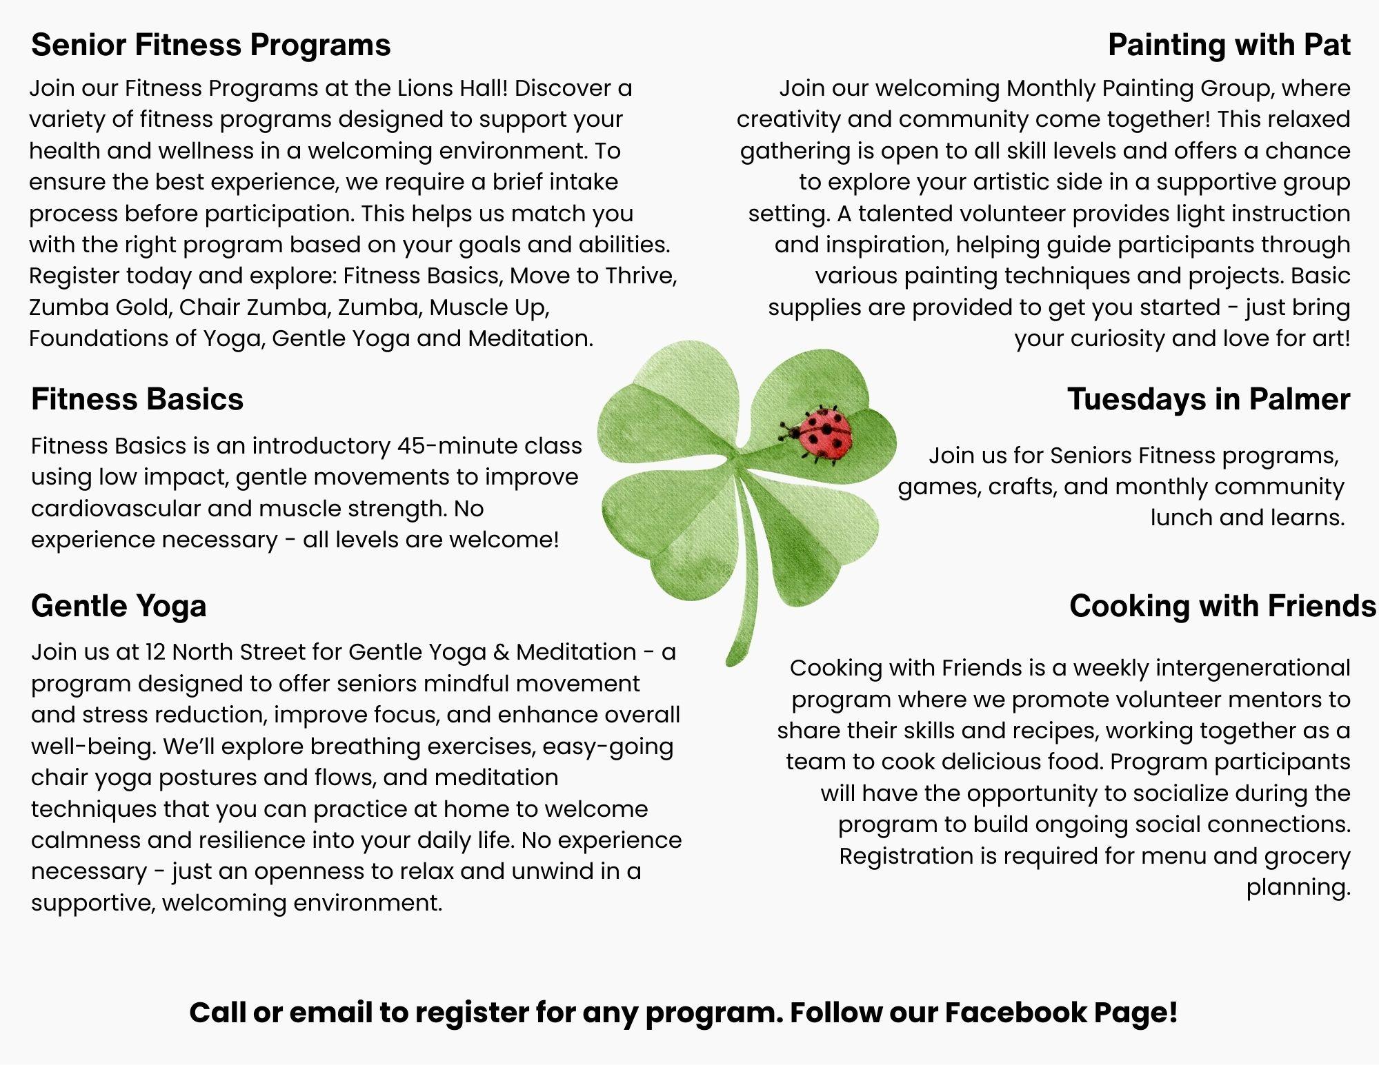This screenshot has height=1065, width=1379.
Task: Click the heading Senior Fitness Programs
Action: coord(211,45)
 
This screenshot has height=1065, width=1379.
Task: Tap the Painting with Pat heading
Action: coord(1229,45)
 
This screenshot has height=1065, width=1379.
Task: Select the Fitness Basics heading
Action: coord(137,399)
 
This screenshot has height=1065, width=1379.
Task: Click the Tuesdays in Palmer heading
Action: coord(1209,399)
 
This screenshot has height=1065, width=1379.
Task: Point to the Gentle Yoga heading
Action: coord(119,607)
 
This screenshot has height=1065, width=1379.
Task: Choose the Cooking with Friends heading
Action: coord(1222,607)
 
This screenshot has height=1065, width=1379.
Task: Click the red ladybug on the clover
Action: coord(821,433)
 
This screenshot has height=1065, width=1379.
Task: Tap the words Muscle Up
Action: coord(489,307)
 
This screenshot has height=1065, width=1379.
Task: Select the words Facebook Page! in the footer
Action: coord(1061,1013)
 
